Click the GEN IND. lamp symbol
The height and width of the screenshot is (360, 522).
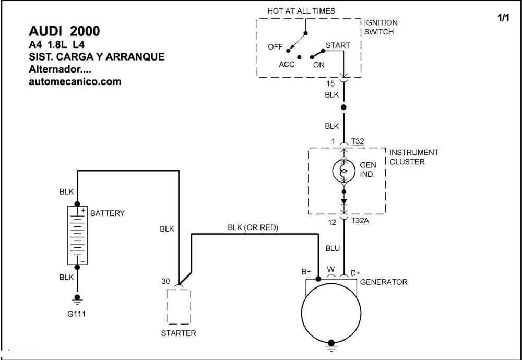[344, 171]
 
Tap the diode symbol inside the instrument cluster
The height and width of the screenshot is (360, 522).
[344, 201]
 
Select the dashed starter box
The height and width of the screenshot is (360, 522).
[179, 306]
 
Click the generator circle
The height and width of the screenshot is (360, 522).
[331, 313]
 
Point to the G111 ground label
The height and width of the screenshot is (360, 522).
[76, 314]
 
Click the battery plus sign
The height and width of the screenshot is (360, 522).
[83, 210]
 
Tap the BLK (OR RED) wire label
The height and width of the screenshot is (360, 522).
[253, 227]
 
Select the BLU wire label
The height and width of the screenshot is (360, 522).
[333, 248]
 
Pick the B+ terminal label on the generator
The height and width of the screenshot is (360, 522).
[306, 272]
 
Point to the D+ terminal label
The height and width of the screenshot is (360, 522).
[355, 273]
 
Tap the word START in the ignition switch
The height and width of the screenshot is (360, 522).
[338, 45]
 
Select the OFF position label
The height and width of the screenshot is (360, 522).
[275, 47]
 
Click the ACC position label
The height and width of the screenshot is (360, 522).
[287, 65]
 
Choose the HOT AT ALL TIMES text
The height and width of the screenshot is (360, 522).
[301, 11]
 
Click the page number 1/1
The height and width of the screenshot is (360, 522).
[503, 18]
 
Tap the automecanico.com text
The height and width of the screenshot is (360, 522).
[75, 81]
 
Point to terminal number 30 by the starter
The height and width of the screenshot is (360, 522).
[166, 282]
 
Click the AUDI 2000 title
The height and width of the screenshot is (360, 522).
[64, 31]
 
